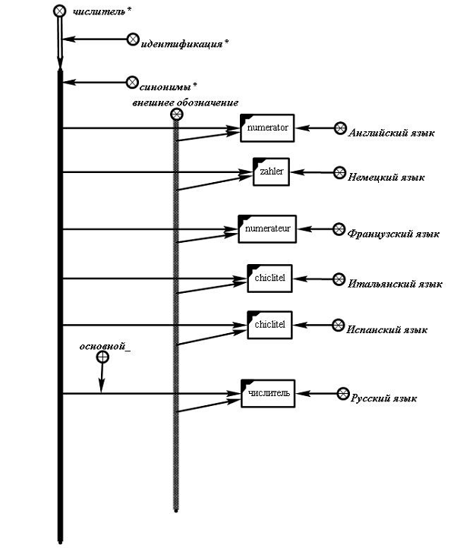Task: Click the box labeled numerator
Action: (x=267, y=128)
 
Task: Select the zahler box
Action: (x=271, y=172)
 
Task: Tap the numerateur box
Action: (x=267, y=229)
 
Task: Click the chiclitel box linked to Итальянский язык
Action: (x=269, y=278)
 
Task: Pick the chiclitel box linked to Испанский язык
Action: (x=269, y=325)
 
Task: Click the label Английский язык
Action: (x=391, y=134)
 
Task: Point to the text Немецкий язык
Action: (x=386, y=177)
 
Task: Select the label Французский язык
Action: (x=392, y=234)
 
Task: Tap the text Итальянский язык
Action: (x=395, y=284)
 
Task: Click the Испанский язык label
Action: (x=387, y=330)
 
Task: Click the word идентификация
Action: (x=181, y=43)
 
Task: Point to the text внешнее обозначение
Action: (x=185, y=102)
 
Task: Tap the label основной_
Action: (x=104, y=347)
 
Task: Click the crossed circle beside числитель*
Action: (x=60, y=11)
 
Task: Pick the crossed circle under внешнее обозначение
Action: (x=177, y=115)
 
